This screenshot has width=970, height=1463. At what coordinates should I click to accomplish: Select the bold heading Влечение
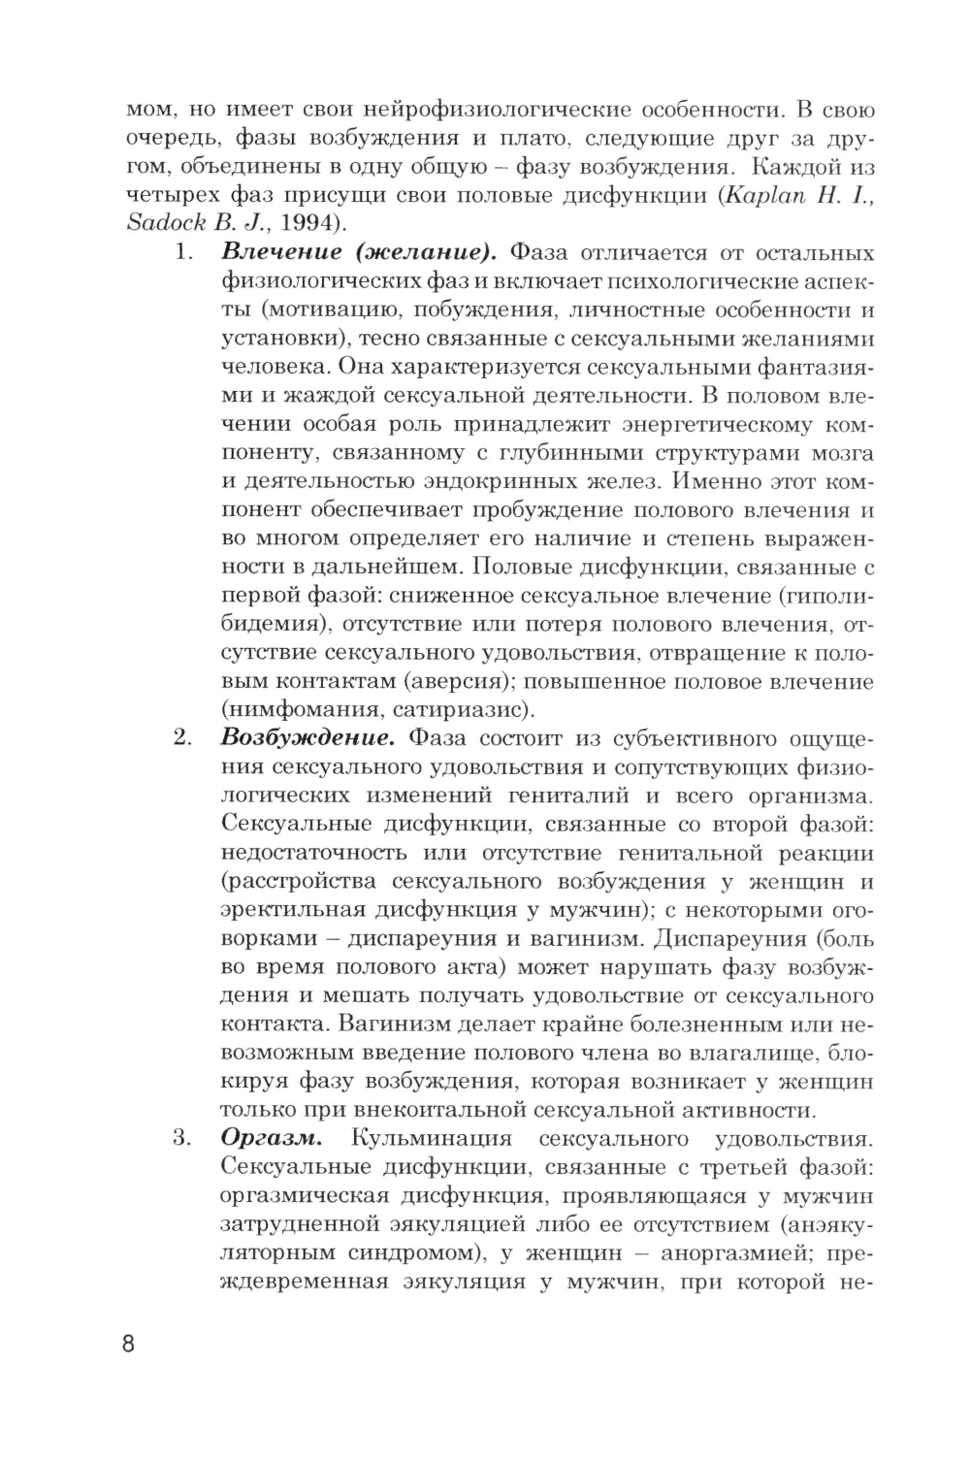coord(281,253)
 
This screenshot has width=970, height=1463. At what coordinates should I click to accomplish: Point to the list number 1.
coord(182,254)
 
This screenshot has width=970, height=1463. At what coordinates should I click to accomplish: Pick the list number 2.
coord(182,738)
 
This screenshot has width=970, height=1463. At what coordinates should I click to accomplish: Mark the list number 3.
coord(182,1139)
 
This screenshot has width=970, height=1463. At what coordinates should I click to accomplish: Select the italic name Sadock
coord(167,224)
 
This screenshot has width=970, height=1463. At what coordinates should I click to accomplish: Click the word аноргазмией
coord(732,1252)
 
